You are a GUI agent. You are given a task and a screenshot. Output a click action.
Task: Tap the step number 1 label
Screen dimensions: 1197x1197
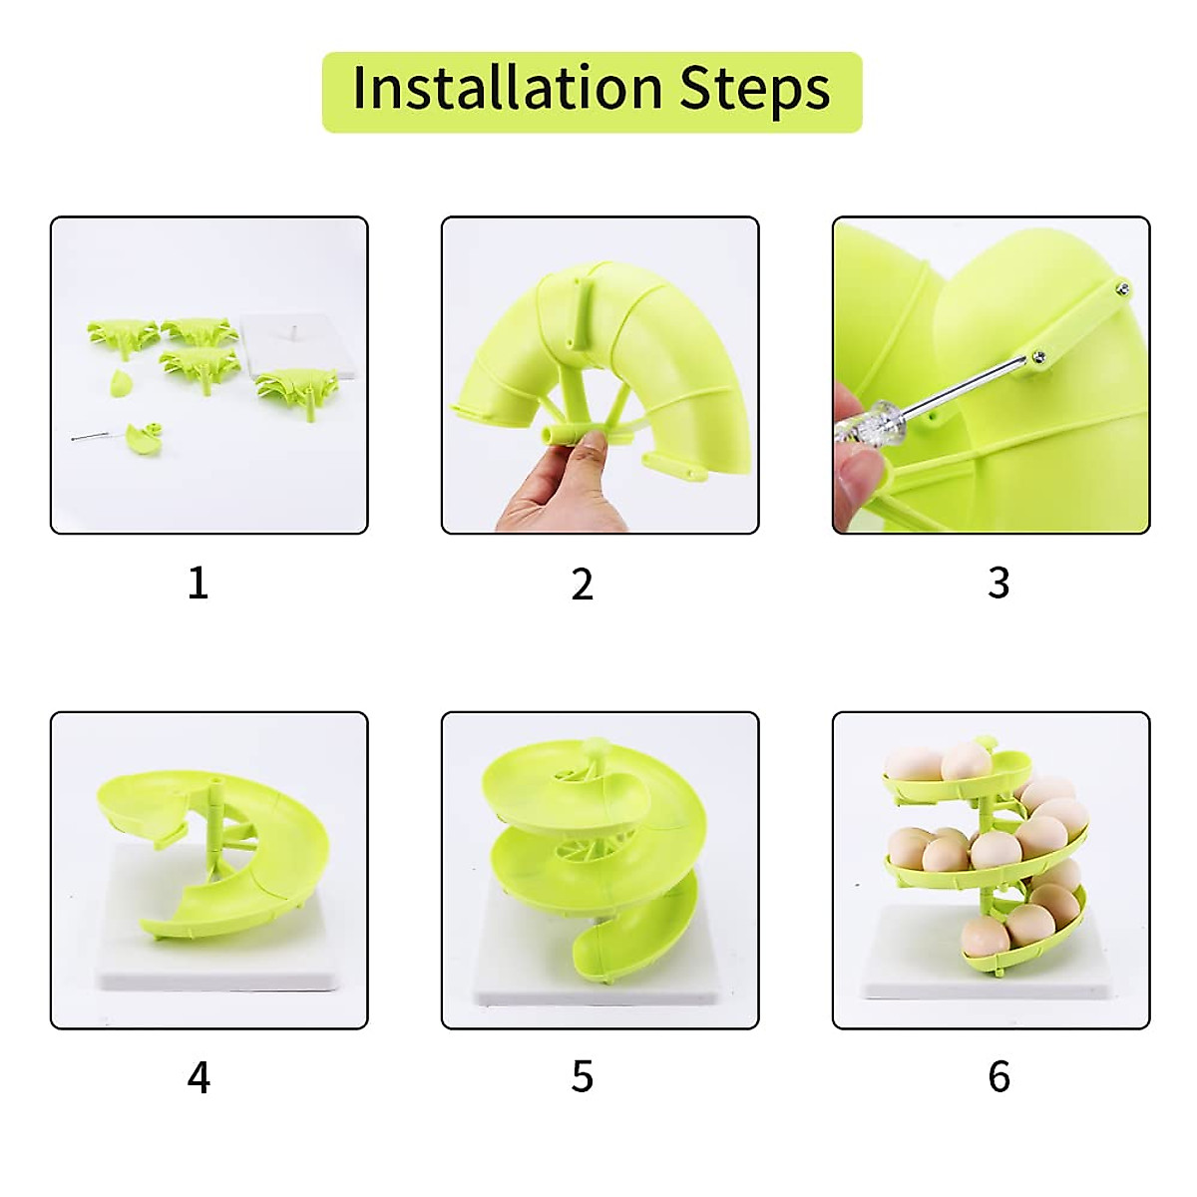(198, 583)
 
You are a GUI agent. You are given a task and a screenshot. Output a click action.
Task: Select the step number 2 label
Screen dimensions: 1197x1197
(583, 584)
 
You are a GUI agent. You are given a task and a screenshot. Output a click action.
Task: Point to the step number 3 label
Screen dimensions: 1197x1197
(998, 583)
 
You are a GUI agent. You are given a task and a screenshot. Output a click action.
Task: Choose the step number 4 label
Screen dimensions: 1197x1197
(199, 1077)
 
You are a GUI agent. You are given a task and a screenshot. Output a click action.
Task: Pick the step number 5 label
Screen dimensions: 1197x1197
(583, 1077)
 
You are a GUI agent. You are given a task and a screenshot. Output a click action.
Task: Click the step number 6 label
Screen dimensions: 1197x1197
(998, 1077)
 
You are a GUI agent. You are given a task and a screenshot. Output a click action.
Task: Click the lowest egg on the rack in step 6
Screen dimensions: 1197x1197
(982, 938)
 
